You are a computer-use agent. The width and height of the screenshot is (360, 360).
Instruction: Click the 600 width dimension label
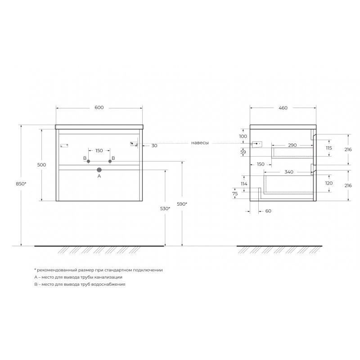[99, 108]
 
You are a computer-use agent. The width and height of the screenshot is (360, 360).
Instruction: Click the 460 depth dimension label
[283, 108]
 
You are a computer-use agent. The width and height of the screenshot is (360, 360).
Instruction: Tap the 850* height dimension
[21, 184]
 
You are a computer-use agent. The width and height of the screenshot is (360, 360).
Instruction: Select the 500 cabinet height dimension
[41, 165]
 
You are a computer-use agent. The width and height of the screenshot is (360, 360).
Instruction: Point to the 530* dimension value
[165, 209]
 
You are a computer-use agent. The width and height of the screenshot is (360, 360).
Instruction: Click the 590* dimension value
[182, 204]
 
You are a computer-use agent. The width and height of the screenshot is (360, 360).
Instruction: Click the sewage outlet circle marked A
[99, 170]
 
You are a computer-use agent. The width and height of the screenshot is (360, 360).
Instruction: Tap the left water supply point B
[88, 162]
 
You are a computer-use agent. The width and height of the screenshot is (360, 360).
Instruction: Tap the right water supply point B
[110, 162]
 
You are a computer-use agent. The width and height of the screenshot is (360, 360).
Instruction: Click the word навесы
[200, 143]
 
